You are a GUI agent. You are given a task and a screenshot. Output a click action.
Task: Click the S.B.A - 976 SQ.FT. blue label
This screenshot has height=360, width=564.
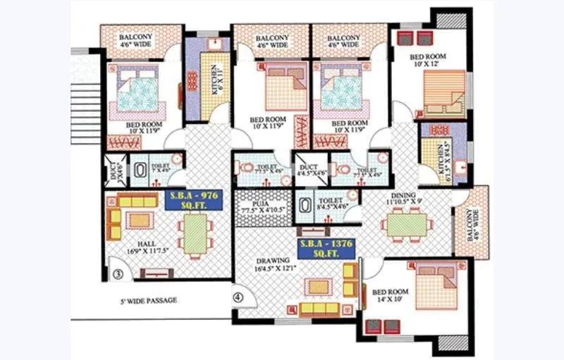click(x=193, y=200)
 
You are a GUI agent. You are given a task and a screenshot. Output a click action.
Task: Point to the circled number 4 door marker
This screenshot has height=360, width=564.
click(x=238, y=297)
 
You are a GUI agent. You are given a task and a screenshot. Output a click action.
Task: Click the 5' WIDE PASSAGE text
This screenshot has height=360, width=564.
click(x=147, y=301)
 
